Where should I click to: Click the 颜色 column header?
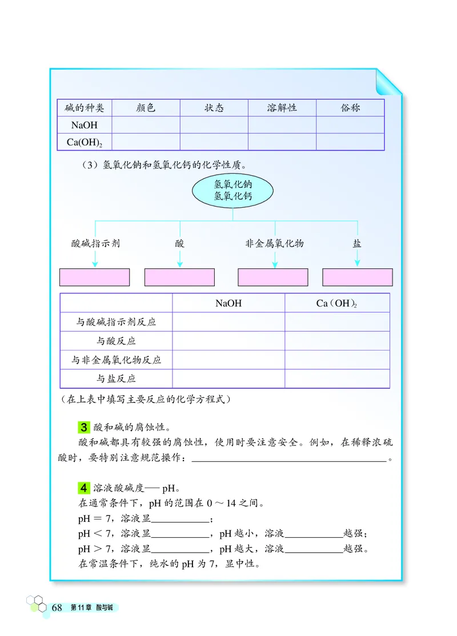click(146, 108)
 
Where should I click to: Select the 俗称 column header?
click(350, 108)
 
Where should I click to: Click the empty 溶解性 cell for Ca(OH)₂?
click(282, 142)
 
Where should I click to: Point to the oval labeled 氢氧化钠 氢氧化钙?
click(232, 191)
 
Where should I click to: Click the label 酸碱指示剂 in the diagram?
click(95, 243)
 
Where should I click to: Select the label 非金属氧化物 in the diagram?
click(275, 243)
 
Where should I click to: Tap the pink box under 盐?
click(358, 277)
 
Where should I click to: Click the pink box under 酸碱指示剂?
click(95, 277)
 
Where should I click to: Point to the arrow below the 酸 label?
click(180, 258)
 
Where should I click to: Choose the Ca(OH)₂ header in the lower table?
click(337, 303)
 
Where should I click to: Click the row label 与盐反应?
click(116, 379)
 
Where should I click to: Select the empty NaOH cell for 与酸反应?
click(228, 341)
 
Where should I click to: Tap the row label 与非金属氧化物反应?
click(116, 360)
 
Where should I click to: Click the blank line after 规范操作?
click(289, 458)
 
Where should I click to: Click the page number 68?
click(57, 607)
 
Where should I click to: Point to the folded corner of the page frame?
click(388, 83)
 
